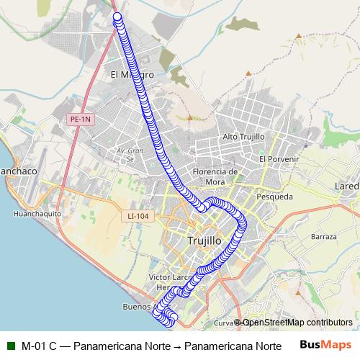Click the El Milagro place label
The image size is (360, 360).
tap(132, 74)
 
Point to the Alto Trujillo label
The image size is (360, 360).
tap(244, 136)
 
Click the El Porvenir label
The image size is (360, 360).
tap(279, 159)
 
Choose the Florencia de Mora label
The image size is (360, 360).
tap(215, 176)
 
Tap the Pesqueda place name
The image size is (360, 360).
tap(274, 195)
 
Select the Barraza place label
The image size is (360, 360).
tap(323, 236)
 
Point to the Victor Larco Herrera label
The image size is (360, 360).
tap(167, 282)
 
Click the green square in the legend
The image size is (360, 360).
tap(11, 345)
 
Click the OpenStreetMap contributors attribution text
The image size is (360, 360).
tap(297, 323)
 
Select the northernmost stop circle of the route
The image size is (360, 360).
tap(117, 17)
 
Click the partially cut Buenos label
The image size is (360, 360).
tap(137, 306)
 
